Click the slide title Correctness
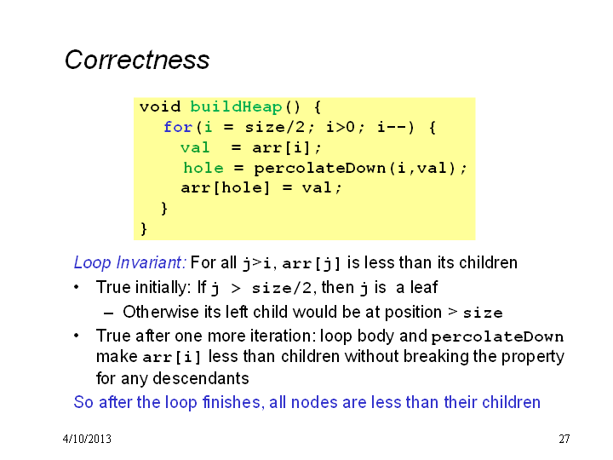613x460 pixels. click(137, 60)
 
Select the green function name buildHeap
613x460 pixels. click(236, 106)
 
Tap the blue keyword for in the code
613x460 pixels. click(178, 127)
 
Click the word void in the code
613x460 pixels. click(160, 106)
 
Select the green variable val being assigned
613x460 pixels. click(195, 147)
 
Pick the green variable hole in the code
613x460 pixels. click(203, 168)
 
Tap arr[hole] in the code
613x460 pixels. click(225, 188)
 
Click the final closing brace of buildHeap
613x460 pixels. click(144, 228)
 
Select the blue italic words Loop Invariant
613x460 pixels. click(129, 262)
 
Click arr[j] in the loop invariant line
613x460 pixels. click(312, 263)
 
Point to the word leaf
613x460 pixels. click(424, 288)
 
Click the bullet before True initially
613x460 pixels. click(77, 288)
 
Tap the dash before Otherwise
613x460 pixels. click(109, 313)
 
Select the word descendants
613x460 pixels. click(201, 378)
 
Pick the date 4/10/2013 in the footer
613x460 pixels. click(87, 439)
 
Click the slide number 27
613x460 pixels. click(564, 439)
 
